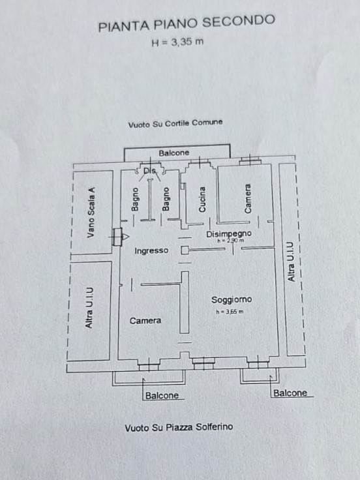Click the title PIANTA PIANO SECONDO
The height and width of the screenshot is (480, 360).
[x=187, y=23]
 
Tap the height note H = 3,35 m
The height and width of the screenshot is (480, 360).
[x=177, y=42]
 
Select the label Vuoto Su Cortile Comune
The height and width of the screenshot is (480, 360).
[x=175, y=124]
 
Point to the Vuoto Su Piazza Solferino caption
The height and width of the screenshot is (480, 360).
[x=179, y=427]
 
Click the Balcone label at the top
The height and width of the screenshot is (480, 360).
[x=174, y=153]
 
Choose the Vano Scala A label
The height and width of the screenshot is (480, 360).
[x=91, y=213]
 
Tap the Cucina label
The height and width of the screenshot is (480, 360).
[x=202, y=200]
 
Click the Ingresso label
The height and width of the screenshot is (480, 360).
[x=151, y=250]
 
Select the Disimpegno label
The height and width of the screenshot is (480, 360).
[x=229, y=234]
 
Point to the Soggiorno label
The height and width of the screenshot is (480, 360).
[x=232, y=300]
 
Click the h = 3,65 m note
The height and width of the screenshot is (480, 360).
[x=230, y=312]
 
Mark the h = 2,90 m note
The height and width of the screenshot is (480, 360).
[x=231, y=241]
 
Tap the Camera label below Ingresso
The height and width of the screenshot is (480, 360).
[x=145, y=321]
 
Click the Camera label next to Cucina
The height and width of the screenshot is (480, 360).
[x=248, y=198]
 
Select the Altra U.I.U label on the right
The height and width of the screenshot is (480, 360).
[x=291, y=262]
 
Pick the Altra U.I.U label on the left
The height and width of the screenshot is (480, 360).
[x=89, y=308]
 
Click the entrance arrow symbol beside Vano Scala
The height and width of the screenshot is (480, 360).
[x=126, y=237]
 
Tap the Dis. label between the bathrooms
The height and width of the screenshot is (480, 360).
[x=150, y=171]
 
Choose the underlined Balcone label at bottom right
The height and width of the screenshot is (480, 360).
[x=290, y=393]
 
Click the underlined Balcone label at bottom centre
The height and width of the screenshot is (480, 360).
[x=162, y=395]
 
